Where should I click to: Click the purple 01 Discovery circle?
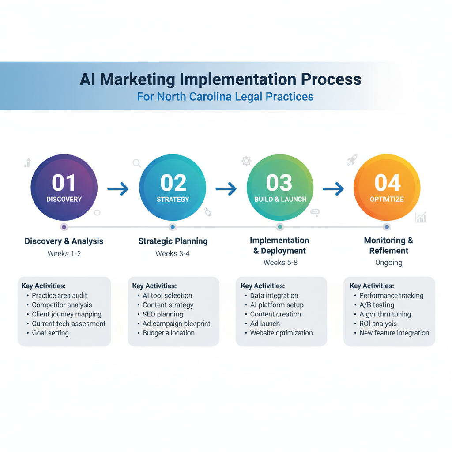pos(64,188)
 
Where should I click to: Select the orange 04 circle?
pos(387,188)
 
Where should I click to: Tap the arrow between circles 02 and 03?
pos(226,189)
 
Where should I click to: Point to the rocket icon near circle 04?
pos(352,160)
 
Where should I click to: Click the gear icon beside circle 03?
pos(246,161)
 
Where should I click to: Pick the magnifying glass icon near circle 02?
pos(137,163)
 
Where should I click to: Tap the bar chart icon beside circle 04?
pos(421,217)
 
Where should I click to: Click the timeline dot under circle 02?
pos(173,227)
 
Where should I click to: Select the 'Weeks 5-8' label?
pos(279,263)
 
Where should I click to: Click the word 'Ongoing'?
pos(388,263)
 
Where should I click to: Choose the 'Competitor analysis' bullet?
pos(62,305)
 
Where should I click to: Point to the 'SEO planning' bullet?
pos(162,314)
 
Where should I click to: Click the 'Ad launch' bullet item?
pos(265,324)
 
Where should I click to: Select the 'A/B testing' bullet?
pos(376,305)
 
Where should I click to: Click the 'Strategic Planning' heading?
pos(173,241)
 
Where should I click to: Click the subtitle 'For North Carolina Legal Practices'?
pos(225,96)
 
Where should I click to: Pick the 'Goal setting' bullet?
pos(50,333)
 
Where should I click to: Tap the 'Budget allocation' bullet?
pos(168,333)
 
